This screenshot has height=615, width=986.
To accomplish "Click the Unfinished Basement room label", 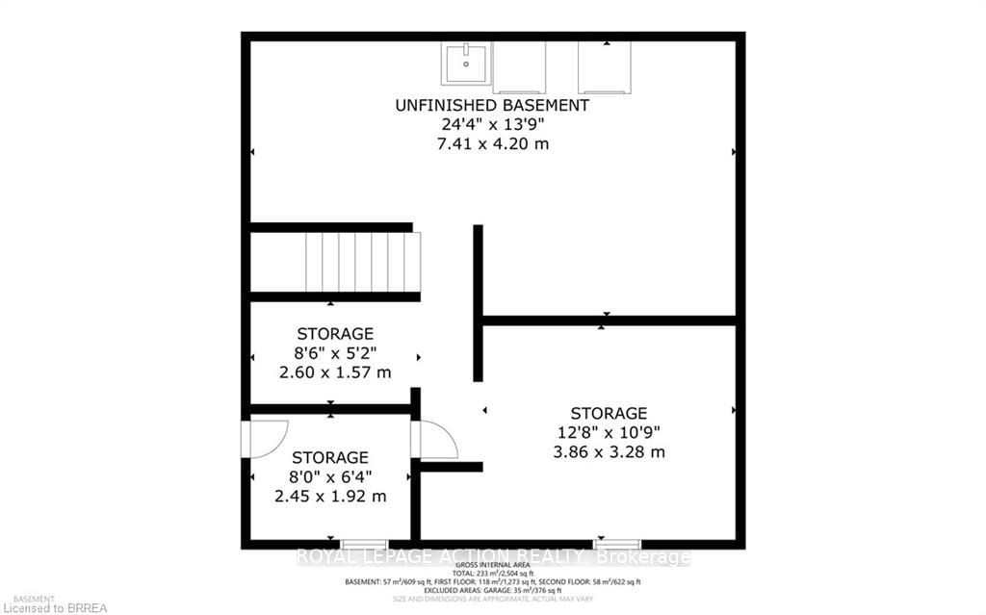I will point(492,105).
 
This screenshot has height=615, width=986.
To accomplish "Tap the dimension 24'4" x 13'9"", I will point(492,125).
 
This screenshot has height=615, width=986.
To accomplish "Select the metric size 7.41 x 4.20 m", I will point(492,144).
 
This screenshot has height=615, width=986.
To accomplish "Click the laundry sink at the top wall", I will point(466,64).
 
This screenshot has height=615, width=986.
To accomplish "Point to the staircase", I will point(363,262).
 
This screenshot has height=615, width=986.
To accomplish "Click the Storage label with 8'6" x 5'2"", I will point(335,334).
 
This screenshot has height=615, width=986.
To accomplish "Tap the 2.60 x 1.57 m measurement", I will point(335,372).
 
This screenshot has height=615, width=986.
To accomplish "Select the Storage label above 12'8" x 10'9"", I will point(609,413).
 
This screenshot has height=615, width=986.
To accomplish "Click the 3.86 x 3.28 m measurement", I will point(609,451).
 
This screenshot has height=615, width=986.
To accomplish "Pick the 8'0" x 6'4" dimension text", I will point(330,476).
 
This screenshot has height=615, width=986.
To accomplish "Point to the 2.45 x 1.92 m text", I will point(330,497).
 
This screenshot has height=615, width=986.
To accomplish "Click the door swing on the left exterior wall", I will point(262,439).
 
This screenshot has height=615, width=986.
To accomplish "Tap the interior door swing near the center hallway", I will point(435,441).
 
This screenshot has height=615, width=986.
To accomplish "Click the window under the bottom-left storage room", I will point(365,545).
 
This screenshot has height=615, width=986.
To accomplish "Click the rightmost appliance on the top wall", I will point(605,66).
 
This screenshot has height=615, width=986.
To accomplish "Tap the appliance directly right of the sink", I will point(520,66).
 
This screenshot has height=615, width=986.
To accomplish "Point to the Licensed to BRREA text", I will point(54,607).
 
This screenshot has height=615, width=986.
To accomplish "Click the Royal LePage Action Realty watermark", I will point(492,556).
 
